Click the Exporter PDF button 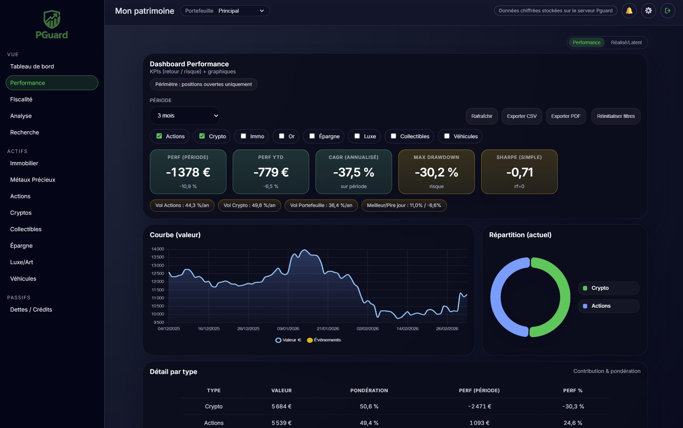[x=565, y=116]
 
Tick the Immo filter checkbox [x=243, y=136]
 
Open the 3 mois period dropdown [x=185, y=115]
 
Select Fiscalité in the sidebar [x=21, y=99]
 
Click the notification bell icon [x=629, y=11]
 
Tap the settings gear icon [x=648, y=11]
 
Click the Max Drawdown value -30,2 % [x=436, y=172]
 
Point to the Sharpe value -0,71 [x=519, y=172]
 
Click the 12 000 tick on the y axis [x=158, y=281]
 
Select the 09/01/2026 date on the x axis [x=288, y=328]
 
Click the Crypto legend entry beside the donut [x=600, y=288]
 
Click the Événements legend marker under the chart [x=310, y=340]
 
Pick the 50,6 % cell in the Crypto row [x=369, y=406]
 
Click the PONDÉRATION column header [x=369, y=390]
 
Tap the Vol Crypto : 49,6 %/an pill [x=249, y=205]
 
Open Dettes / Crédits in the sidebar [x=31, y=309]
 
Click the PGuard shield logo [x=52, y=19]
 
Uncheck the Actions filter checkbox [x=159, y=136]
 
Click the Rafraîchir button [x=482, y=116]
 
